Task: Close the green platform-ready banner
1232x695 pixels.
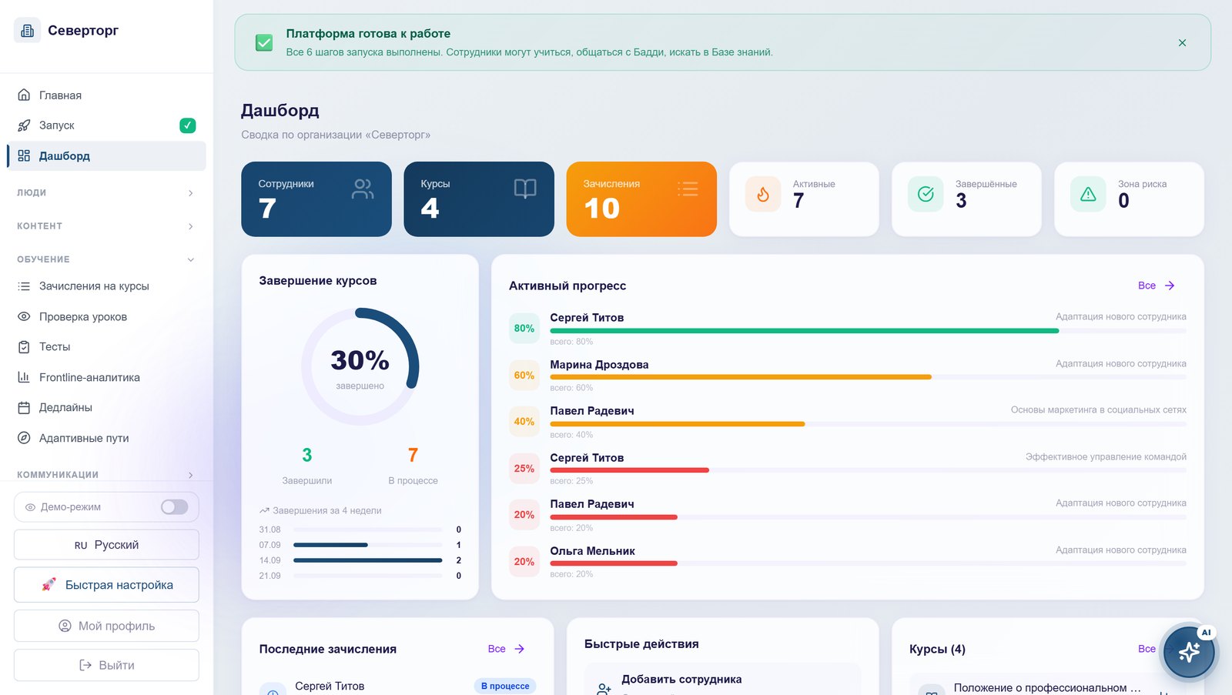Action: (x=1182, y=43)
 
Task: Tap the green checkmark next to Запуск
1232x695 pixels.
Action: (x=188, y=125)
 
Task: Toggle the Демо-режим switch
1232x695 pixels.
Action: (x=174, y=507)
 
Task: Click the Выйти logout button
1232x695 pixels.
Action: (x=106, y=665)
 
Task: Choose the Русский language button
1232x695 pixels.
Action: (x=106, y=545)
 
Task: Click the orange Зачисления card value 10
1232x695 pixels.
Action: (x=601, y=209)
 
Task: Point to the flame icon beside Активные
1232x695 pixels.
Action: (x=763, y=194)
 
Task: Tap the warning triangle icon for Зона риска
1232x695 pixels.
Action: (x=1088, y=194)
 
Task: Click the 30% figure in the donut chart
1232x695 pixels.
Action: (x=360, y=360)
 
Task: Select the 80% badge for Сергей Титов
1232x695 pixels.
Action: (x=524, y=328)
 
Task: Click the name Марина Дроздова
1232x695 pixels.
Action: (x=599, y=365)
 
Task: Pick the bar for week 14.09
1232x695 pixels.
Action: (x=367, y=560)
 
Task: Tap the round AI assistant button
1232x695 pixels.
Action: (x=1189, y=653)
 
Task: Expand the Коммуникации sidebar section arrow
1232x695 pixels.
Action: (x=190, y=475)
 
